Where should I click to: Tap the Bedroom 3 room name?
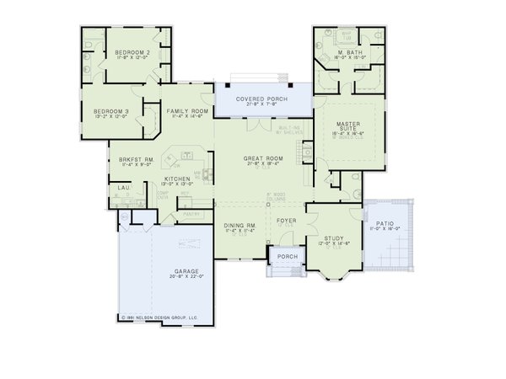pos(110,111)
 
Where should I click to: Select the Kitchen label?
pos(175,179)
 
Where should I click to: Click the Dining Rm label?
pos(240,225)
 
